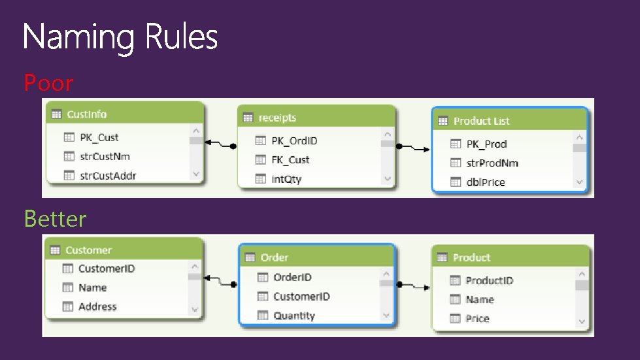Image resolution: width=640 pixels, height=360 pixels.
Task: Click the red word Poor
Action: (x=48, y=83)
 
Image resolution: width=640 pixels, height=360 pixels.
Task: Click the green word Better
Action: (x=55, y=218)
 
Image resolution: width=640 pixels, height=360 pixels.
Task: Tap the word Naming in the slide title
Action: (x=79, y=37)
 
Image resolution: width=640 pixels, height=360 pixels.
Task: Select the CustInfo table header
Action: (x=87, y=114)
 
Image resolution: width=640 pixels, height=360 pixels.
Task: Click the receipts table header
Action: (x=277, y=118)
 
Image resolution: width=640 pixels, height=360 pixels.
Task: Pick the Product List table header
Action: (x=481, y=121)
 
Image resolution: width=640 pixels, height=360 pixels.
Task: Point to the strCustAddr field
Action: (x=108, y=176)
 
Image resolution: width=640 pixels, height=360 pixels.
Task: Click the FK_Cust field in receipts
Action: (x=290, y=159)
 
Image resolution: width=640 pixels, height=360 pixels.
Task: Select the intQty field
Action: (x=286, y=178)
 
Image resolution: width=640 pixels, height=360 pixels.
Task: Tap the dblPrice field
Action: (x=485, y=182)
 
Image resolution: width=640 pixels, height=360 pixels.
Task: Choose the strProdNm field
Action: (x=492, y=163)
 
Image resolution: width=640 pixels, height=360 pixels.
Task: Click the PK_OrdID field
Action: (x=294, y=140)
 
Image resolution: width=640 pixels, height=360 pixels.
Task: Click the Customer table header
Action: (x=88, y=250)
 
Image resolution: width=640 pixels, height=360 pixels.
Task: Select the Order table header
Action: (x=274, y=257)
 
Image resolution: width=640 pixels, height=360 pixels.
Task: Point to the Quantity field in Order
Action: (x=294, y=316)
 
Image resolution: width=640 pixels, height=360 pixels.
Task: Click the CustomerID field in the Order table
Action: (x=301, y=297)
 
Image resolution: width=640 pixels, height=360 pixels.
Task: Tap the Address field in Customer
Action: (x=97, y=306)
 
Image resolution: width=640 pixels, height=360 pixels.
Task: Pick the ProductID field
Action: (x=489, y=280)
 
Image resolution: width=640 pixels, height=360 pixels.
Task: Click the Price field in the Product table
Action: (x=477, y=319)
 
